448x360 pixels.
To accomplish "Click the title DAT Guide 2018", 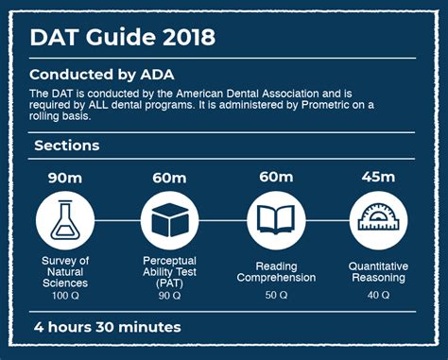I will pos(122,38).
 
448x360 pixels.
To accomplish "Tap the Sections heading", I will pos(66,146).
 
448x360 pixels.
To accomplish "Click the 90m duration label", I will pos(65,177).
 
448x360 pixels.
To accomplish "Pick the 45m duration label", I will pos(378,177).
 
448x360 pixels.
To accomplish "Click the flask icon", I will pos(65,220).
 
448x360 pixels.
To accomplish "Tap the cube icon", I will pos(169,220).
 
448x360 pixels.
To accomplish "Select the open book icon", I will pos(275,220).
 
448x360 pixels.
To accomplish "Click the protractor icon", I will pos(378,220).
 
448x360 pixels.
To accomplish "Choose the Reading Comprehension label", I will pos(275,272).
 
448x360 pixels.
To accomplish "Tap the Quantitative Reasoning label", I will pos(378,272).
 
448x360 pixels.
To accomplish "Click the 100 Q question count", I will pos(65,297).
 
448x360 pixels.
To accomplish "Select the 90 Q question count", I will pos(170,296).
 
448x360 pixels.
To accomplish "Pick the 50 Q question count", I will pos(275,296).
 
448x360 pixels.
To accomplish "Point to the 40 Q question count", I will pos(378,296).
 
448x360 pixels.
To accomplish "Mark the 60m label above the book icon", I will pos(275,177).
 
